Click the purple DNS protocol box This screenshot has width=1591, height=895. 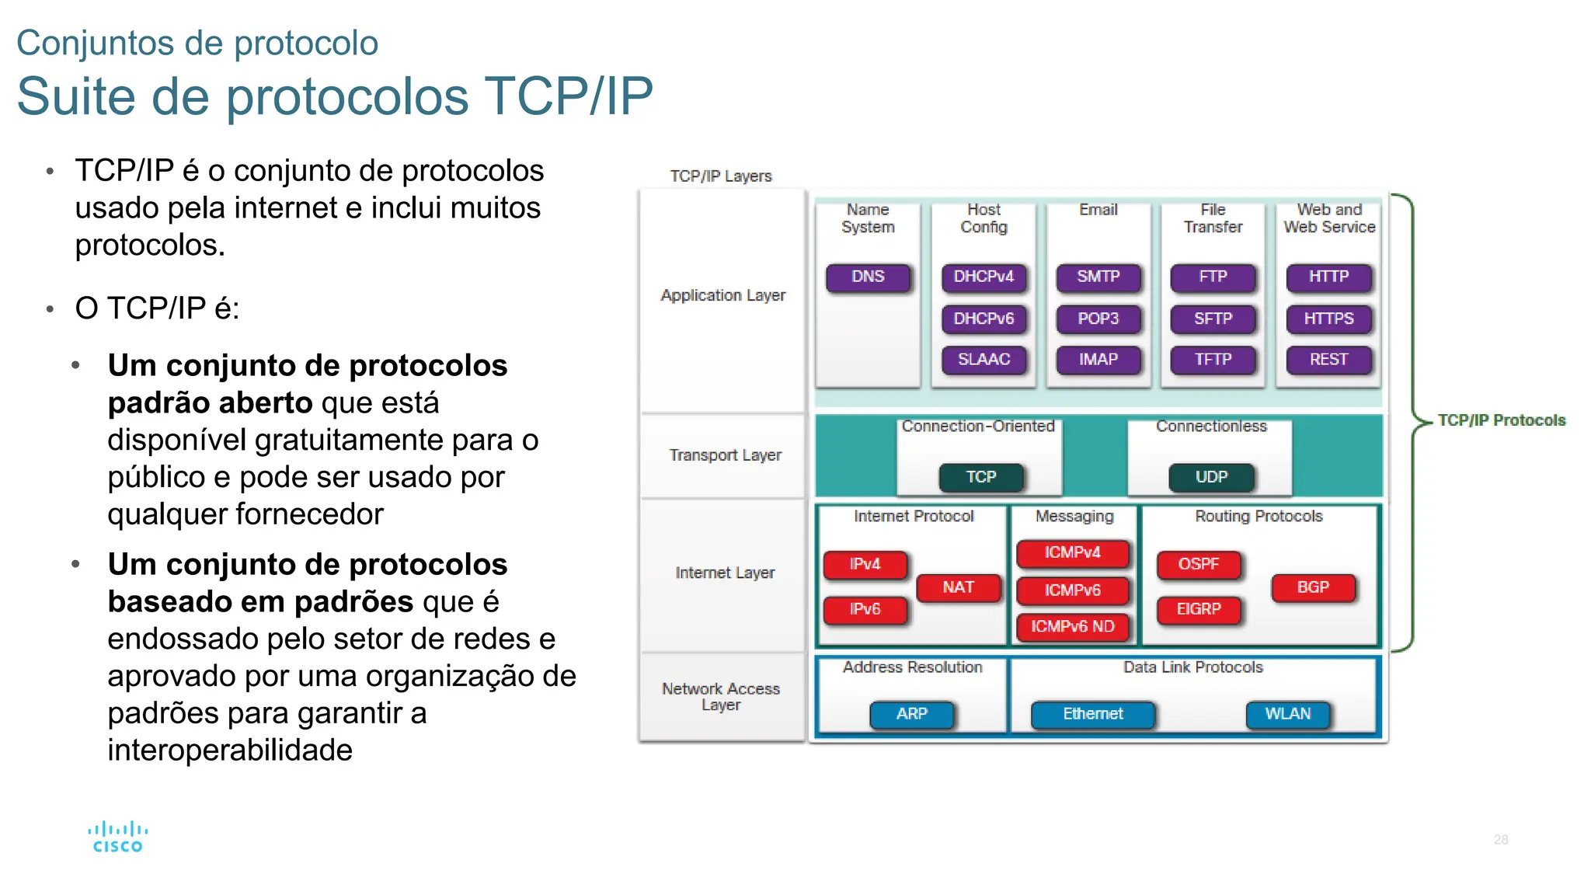point(868,277)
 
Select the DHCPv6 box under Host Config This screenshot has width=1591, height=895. point(983,319)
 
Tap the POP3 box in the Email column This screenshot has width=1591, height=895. point(1098,319)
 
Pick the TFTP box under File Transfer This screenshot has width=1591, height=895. point(1213,360)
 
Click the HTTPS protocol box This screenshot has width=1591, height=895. point(1328,319)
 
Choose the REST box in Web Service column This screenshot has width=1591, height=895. point(1328,360)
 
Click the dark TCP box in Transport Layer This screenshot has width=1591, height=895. point(981,477)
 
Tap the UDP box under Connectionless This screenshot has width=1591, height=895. point(1211,477)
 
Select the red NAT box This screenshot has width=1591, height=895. point(958,587)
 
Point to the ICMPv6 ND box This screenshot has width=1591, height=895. point(1072,627)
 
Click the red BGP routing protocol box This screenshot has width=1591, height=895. point(1313,587)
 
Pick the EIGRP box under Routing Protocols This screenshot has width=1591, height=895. point(1198,609)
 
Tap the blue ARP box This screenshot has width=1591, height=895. point(912,714)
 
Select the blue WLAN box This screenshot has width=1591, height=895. point(1287,714)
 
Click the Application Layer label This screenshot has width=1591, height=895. point(722,296)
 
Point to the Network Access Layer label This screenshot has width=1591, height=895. point(721,697)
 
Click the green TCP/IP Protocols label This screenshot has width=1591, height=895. point(1501,420)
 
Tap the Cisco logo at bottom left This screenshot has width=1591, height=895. point(117,838)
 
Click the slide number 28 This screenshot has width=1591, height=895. point(1500,840)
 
